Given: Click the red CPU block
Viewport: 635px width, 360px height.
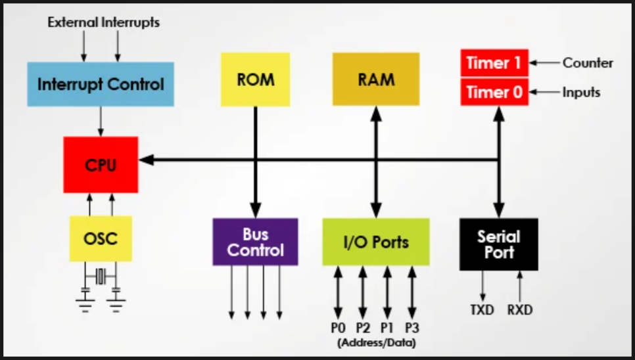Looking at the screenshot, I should (101, 165).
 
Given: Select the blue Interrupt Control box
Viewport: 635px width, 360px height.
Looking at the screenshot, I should (101, 84).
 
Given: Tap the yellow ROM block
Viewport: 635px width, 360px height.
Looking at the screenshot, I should (255, 79).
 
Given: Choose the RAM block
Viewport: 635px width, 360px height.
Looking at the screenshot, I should (376, 79).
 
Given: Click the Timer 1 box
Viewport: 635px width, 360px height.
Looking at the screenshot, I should (494, 63).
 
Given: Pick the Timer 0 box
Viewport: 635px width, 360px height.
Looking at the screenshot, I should (494, 92).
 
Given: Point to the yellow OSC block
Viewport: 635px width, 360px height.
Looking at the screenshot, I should (101, 238).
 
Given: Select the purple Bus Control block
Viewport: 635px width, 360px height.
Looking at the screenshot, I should (255, 242).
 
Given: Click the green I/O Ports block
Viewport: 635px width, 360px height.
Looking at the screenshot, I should (376, 242).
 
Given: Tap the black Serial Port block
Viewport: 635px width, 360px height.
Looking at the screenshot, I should (498, 244).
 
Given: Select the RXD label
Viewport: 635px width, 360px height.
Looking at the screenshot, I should (520, 309).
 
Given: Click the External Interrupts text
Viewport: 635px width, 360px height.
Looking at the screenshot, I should (103, 22).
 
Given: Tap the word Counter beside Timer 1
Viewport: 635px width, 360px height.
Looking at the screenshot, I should (588, 63).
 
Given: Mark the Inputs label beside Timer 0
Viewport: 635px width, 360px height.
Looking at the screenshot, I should (581, 92).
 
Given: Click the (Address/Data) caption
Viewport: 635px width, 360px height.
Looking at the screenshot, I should (376, 342).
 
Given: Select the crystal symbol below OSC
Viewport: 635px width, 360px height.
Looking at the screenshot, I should (101, 277).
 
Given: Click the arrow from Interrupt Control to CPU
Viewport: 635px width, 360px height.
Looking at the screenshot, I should (101, 121).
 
